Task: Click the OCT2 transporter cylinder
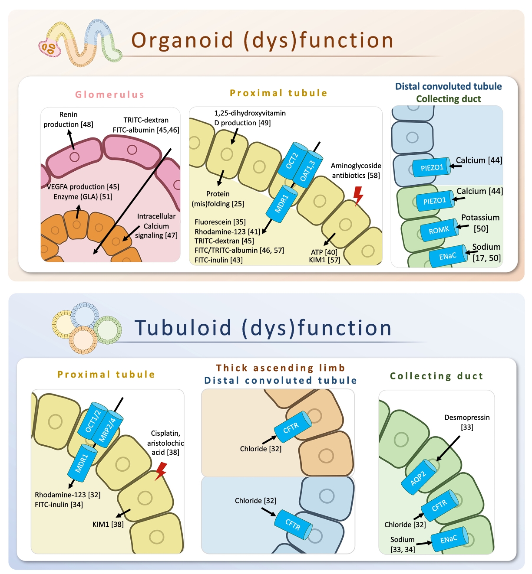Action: point(291,161)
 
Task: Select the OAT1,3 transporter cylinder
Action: point(308,170)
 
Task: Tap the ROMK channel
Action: point(439,230)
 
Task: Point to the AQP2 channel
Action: point(419,478)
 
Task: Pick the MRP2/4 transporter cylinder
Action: point(107,429)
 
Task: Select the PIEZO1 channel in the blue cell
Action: point(432,167)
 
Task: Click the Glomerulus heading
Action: point(109,95)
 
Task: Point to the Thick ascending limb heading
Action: point(281,368)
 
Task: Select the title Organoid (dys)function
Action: point(262,40)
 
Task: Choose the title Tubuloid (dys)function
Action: point(263,328)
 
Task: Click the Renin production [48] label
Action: point(68,120)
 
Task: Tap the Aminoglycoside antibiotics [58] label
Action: point(356,170)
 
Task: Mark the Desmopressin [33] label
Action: point(467,422)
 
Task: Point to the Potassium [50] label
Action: point(480,223)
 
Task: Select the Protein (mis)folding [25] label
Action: point(218,199)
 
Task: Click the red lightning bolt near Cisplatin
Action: point(161,471)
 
